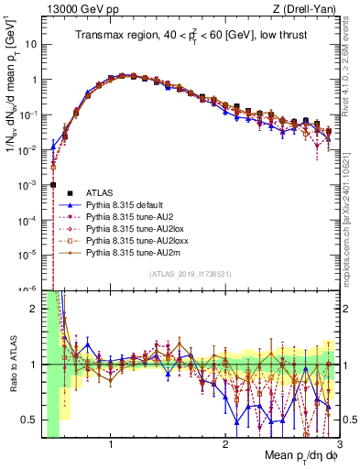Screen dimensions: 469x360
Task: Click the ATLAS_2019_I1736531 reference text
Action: click(x=190, y=274)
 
